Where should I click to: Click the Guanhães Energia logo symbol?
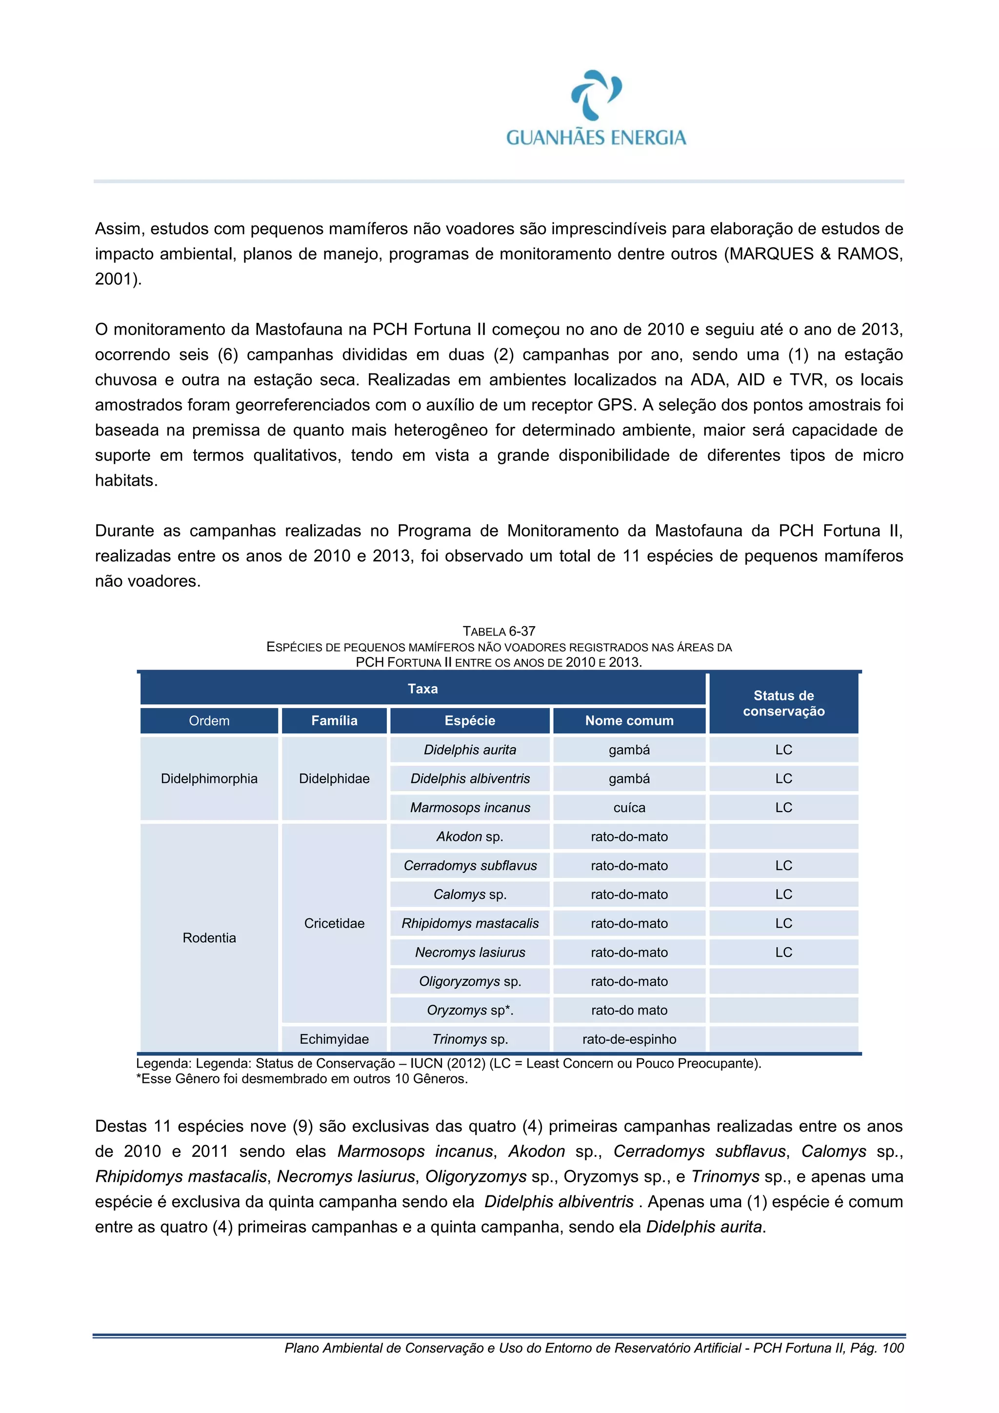click(x=596, y=94)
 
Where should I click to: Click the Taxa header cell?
click(x=422, y=689)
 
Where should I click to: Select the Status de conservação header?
click(x=783, y=703)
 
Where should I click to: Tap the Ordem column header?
click(x=209, y=721)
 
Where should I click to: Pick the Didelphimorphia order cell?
click(x=209, y=778)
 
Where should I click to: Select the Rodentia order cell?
click(x=209, y=937)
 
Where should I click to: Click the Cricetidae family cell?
click(x=334, y=923)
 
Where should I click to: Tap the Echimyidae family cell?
click(x=334, y=1039)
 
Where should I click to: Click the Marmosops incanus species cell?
click(x=470, y=807)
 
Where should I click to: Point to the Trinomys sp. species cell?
click(x=470, y=1039)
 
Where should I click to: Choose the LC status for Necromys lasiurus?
click(x=783, y=952)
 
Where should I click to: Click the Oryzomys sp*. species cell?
click(x=470, y=1010)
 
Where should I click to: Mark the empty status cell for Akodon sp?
click(x=783, y=836)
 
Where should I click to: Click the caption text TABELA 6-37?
click(x=499, y=631)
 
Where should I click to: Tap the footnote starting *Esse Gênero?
click(x=301, y=1079)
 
